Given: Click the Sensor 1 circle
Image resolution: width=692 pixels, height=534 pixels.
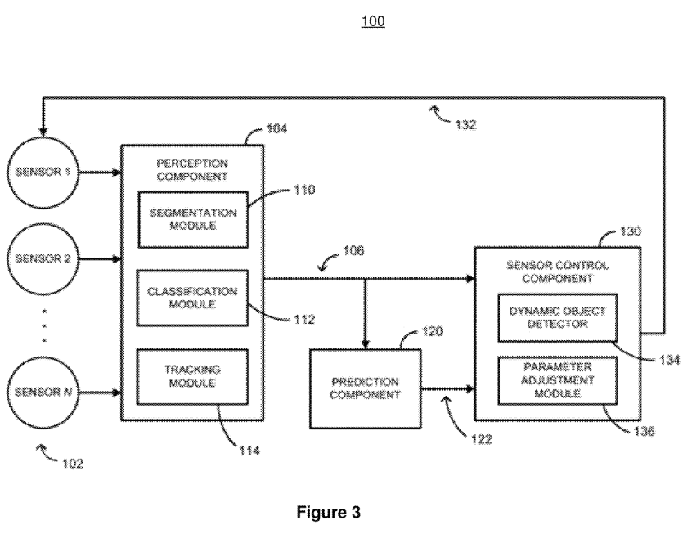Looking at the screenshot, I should coord(43,173).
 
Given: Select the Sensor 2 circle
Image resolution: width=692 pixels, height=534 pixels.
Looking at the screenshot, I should coord(43,259).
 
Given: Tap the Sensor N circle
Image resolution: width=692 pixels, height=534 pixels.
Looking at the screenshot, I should coord(43,393).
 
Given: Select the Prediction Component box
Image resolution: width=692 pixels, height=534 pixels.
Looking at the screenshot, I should coord(364,388).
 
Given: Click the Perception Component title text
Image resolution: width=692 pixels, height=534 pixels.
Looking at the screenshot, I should coord(192,169).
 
